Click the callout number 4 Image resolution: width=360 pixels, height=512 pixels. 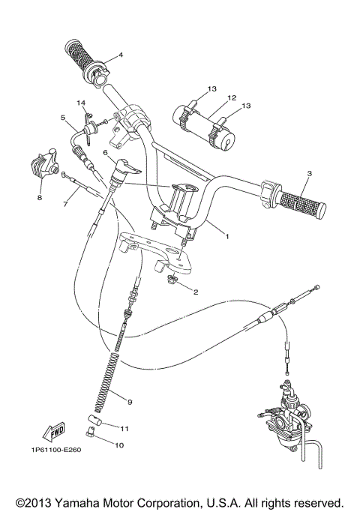point(120,55)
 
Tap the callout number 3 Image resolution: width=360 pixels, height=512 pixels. point(308,174)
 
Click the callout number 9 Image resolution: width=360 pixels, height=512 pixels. point(130,403)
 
